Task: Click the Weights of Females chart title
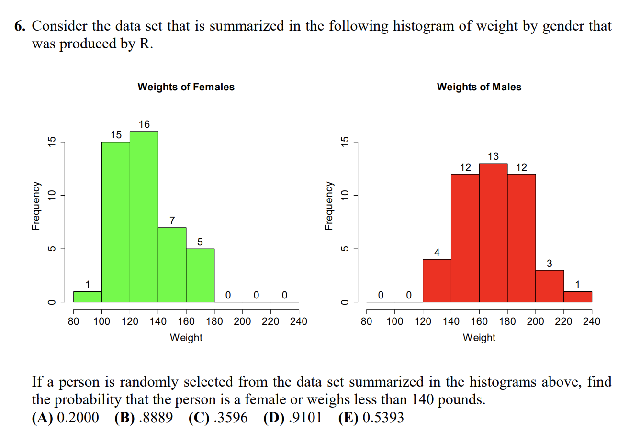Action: point(186,87)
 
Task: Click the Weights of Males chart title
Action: point(479,87)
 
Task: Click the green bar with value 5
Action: point(200,276)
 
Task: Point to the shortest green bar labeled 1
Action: point(87,297)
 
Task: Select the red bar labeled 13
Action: point(493,232)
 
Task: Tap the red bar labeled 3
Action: point(550,286)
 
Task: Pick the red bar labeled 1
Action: point(578,297)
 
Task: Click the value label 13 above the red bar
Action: point(493,156)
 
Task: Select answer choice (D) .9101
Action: point(292,418)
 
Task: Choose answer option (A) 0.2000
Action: point(66,418)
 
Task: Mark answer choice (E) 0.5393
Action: point(371,418)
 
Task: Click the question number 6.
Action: point(19,26)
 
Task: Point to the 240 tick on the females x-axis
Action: point(299,321)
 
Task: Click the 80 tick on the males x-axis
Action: point(366,321)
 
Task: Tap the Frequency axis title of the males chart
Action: point(328,205)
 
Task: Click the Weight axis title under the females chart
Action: point(186,338)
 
